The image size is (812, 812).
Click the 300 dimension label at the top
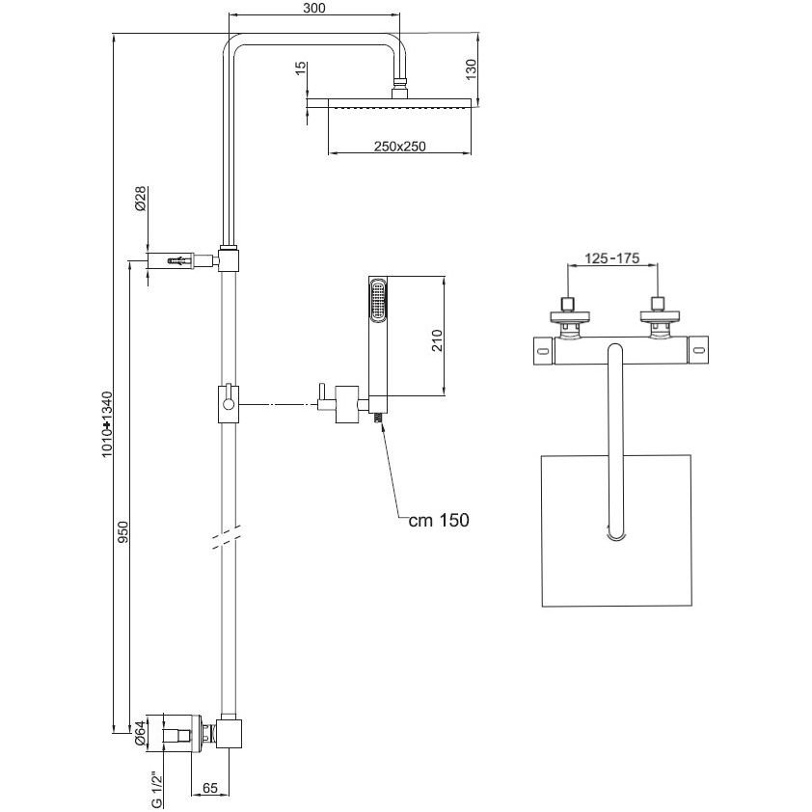[x=313, y=8]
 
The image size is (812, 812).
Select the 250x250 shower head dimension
[x=400, y=147]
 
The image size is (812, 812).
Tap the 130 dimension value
[x=471, y=69]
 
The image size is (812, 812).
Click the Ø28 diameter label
[x=141, y=199]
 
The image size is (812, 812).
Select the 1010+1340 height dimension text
[x=107, y=424]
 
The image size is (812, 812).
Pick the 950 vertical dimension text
[x=122, y=532]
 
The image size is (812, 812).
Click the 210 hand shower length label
[x=438, y=340]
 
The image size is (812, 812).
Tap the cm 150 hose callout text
[x=439, y=520]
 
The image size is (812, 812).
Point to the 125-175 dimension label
[x=612, y=257]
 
